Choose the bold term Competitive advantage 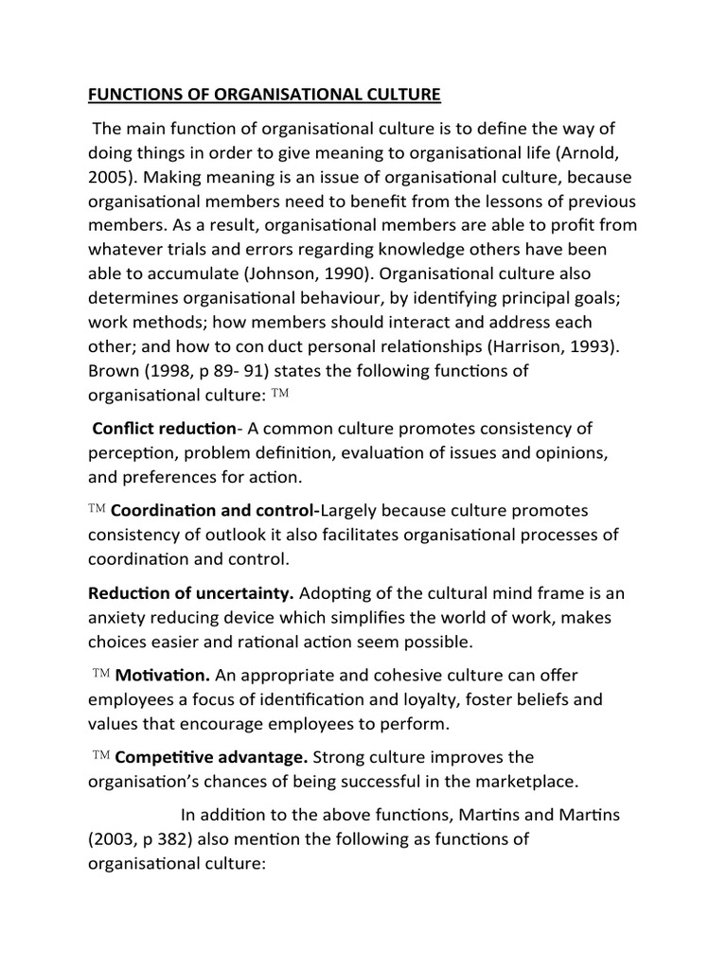(x=209, y=757)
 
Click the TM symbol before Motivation (x=102, y=674)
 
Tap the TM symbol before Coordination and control (x=98, y=509)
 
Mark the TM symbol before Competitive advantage (x=102, y=756)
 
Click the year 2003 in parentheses (x=114, y=839)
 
